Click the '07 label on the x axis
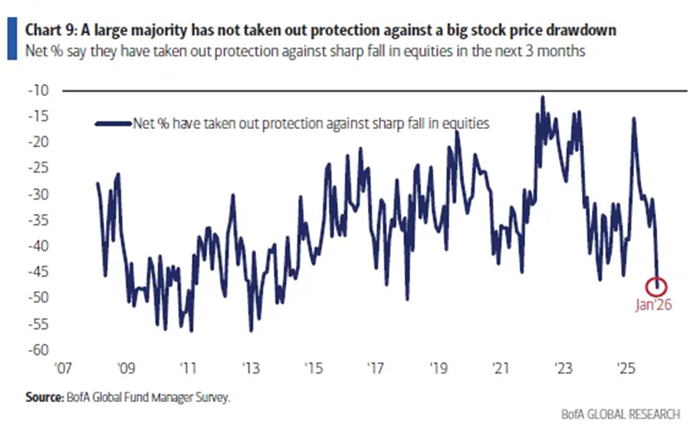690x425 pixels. click(65, 367)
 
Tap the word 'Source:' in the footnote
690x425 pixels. click(44, 397)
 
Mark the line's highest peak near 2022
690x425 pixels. click(543, 97)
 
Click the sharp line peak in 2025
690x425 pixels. click(633, 118)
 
